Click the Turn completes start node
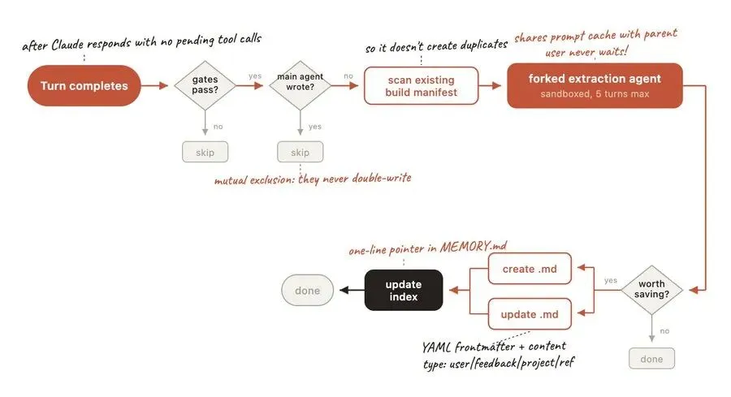(x=84, y=85)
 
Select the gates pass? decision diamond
(x=204, y=85)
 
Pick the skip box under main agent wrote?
(x=300, y=152)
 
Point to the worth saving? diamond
(x=652, y=288)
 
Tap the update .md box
(x=530, y=313)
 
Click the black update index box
(x=403, y=290)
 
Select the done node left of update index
(x=308, y=290)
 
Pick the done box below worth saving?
(x=652, y=358)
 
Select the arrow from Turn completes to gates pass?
(x=156, y=85)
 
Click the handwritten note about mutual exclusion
(x=313, y=177)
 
